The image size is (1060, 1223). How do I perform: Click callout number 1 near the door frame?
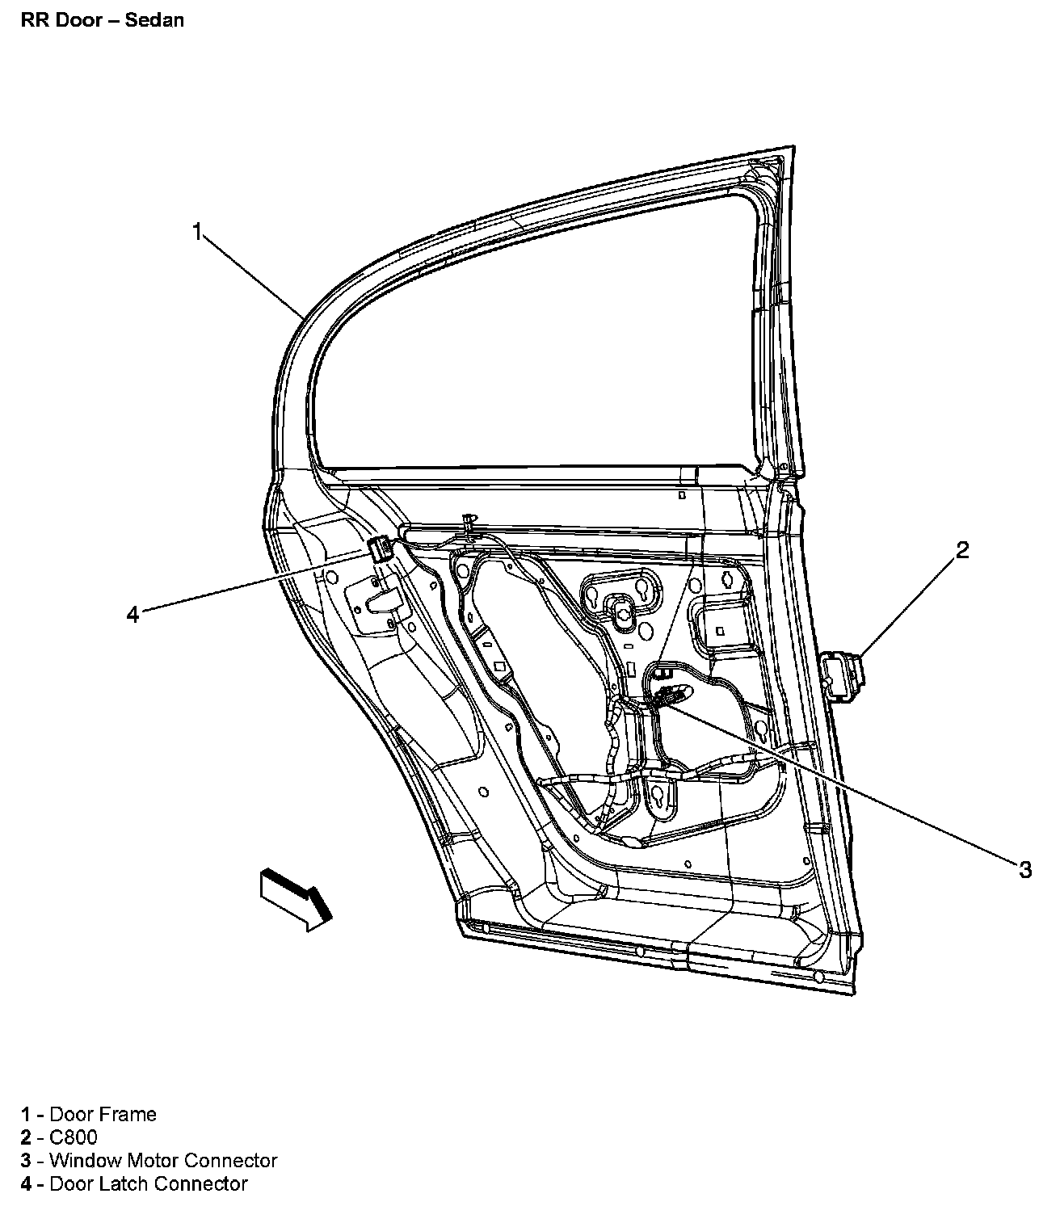click(196, 231)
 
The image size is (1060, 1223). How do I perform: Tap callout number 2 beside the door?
click(961, 550)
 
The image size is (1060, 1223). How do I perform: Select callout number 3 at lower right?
click(1024, 869)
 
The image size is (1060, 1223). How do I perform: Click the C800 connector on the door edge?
click(843, 678)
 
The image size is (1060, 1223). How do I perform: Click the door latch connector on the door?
click(379, 550)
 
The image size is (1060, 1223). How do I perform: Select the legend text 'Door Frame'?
click(103, 1114)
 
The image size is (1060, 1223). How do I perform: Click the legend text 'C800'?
click(74, 1137)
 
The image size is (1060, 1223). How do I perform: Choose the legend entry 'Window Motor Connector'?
click(163, 1161)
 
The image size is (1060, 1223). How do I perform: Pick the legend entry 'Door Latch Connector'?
click(148, 1184)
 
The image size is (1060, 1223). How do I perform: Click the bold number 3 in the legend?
click(27, 1161)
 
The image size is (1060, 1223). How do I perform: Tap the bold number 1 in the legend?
click(27, 1114)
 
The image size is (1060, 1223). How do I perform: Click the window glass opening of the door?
click(549, 339)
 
